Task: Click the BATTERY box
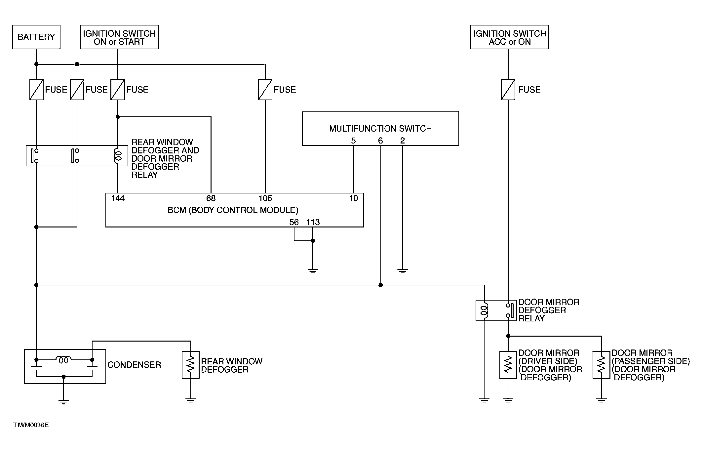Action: click(36, 37)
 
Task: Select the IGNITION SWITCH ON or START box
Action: click(119, 37)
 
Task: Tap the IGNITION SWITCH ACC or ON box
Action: click(510, 37)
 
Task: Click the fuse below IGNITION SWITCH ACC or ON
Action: click(508, 90)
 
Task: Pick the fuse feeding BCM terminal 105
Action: click(265, 90)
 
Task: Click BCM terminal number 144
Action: click(118, 198)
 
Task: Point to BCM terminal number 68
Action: click(211, 198)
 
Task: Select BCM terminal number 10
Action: click(354, 198)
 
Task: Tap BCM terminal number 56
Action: click(294, 222)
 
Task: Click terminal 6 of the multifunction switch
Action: click(380, 141)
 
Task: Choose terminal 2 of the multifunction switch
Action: click(403, 141)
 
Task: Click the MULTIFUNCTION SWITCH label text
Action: click(380, 129)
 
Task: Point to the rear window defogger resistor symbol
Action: click(191, 365)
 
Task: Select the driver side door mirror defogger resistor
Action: click(508, 365)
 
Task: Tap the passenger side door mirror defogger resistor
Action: click(601, 365)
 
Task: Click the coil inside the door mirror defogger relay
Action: click(484, 310)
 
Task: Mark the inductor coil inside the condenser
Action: click(64, 359)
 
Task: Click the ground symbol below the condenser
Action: click(63, 402)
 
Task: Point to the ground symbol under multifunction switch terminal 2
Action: click(403, 271)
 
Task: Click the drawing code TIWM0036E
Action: click(31, 425)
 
